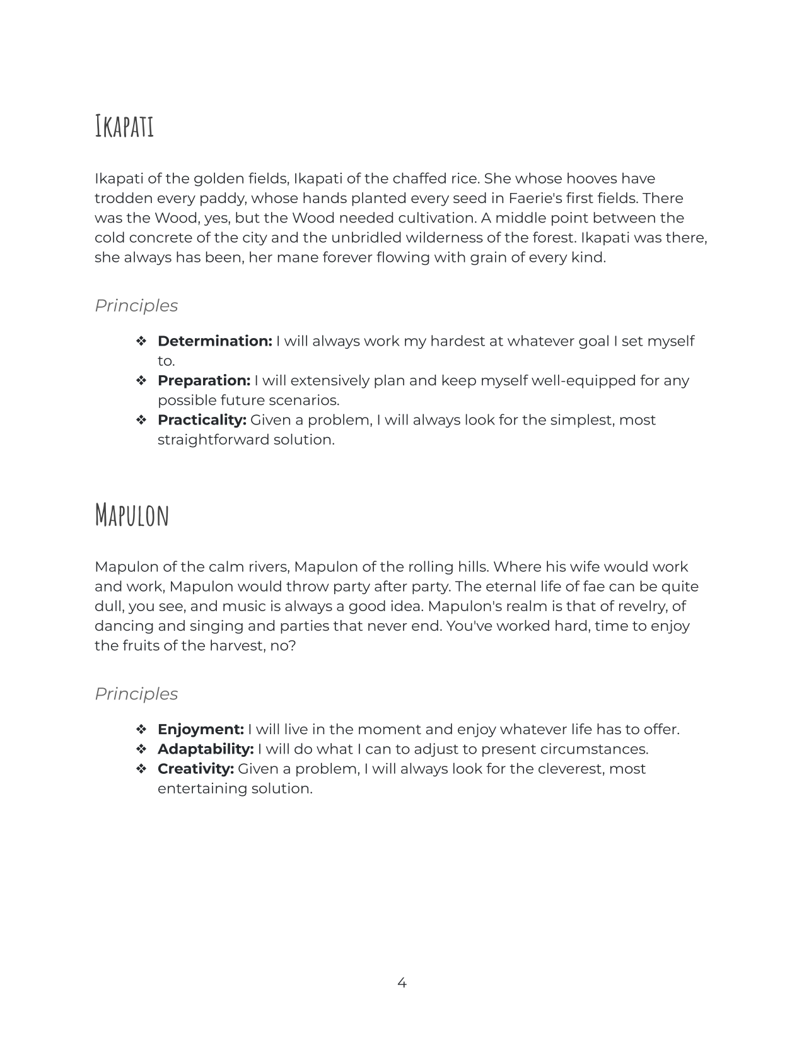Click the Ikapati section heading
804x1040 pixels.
[x=124, y=126]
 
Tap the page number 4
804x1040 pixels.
[x=402, y=983]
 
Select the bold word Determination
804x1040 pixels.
[x=214, y=341]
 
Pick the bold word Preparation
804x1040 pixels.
[x=204, y=381]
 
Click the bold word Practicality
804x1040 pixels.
[x=202, y=420]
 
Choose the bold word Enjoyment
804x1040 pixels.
[x=201, y=730]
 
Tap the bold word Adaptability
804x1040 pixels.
[x=206, y=749]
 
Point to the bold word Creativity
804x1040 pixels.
[x=195, y=769]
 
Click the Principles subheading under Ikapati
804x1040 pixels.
[x=136, y=305]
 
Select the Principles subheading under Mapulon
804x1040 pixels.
[x=136, y=694]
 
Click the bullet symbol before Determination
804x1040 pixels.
[x=141, y=341]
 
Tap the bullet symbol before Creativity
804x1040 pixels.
[x=141, y=769]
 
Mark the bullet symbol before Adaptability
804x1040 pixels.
[x=141, y=749]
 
